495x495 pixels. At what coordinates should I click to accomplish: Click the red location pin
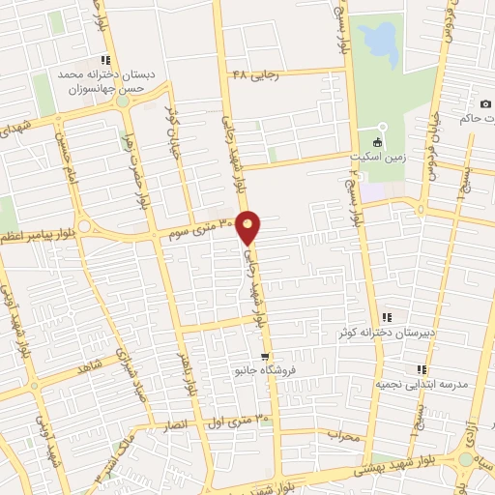click(249, 227)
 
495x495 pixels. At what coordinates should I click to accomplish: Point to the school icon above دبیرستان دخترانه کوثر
click(388, 317)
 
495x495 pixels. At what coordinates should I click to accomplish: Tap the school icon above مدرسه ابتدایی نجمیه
click(421, 369)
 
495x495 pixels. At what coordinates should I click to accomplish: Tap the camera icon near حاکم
click(484, 103)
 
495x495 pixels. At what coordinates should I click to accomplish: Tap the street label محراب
click(342, 435)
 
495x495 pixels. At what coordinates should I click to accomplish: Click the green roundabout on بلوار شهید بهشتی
click(467, 460)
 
